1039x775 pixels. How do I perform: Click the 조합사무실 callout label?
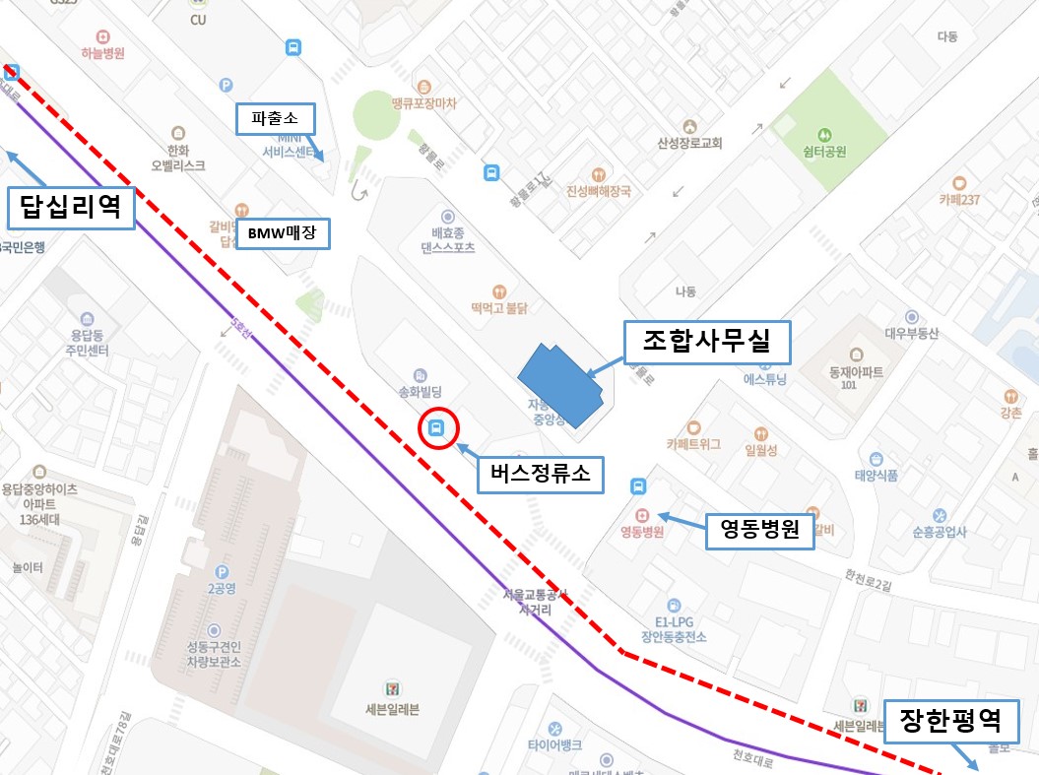tap(709, 342)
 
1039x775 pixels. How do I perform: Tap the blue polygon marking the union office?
tap(560, 385)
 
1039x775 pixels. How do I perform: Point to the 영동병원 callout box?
tap(760, 532)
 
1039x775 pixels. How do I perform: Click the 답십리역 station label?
tap(70, 207)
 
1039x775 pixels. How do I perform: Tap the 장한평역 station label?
tap(949, 722)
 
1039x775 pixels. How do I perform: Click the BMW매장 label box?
tap(283, 234)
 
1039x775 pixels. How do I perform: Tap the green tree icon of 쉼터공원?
tap(824, 133)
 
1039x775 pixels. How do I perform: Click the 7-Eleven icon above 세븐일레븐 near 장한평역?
tap(862, 705)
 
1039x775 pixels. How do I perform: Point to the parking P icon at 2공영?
tap(223, 571)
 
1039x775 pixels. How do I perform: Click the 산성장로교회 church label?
tap(689, 143)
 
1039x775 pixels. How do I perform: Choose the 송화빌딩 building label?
tap(420, 392)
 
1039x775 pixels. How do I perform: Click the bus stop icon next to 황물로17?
tap(490, 173)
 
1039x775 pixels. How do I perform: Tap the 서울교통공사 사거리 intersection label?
tap(536, 602)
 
